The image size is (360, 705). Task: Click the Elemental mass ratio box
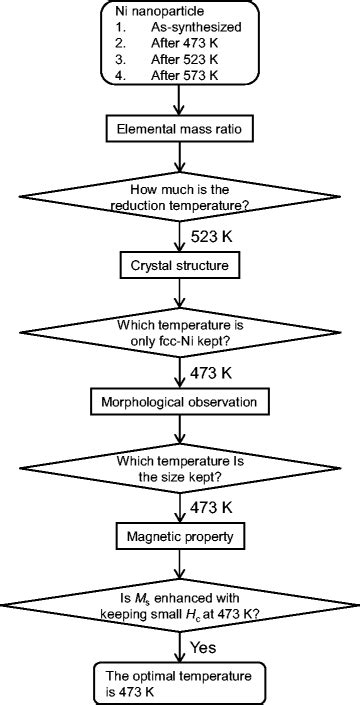179,128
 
